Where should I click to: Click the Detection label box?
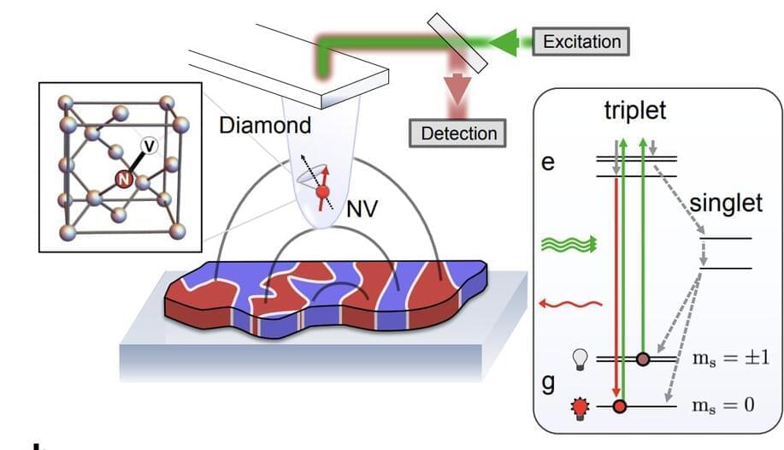tap(458, 133)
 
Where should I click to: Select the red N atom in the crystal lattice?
tap(123, 179)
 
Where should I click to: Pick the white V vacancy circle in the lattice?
tap(148, 147)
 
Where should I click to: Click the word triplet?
tap(634, 111)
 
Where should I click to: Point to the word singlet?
tap(725, 204)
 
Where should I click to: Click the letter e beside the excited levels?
tap(549, 162)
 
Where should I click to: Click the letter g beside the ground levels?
tap(549, 382)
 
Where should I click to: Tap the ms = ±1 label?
tap(729, 358)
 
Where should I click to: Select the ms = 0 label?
tap(723, 406)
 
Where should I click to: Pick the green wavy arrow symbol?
tap(567, 245)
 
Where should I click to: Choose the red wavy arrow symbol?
tap(571, 303)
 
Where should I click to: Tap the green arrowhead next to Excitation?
tap(507, 41)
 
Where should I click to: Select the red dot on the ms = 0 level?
tap(621, 407)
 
